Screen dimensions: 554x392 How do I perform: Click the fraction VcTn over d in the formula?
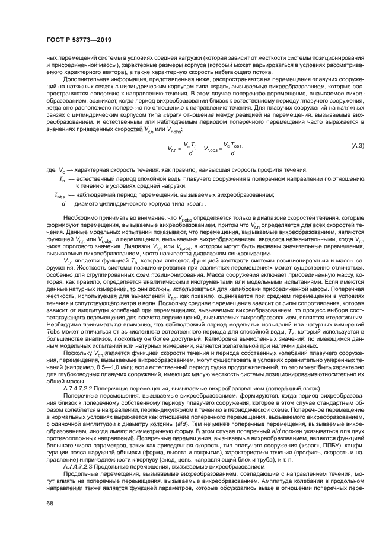191,166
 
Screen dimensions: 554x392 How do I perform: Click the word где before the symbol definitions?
50,186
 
